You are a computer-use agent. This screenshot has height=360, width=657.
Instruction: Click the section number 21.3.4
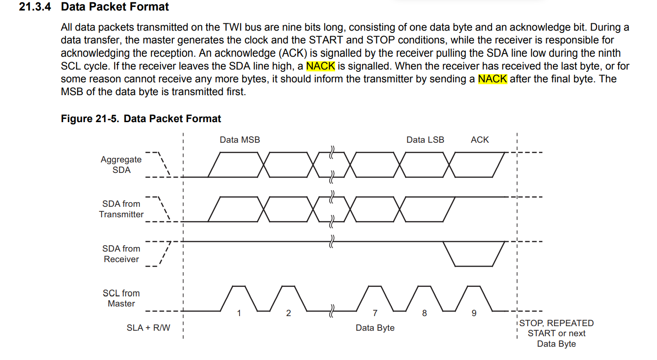[37, 7]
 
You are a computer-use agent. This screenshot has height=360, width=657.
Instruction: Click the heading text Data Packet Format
[115, 7]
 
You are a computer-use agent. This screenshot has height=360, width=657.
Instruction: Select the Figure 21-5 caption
[141, 119]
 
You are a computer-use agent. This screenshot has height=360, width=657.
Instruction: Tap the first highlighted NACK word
[320, 66]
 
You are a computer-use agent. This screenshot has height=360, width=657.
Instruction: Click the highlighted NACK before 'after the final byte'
[492, 79]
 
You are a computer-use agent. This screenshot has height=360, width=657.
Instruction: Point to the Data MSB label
[240, 140]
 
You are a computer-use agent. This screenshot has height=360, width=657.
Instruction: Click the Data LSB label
[425, 140]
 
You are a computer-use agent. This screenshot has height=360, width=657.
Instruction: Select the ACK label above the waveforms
[480, 140]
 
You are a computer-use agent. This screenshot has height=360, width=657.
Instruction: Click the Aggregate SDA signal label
[121, 165]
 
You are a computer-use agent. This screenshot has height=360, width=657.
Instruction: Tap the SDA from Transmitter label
[121, 209]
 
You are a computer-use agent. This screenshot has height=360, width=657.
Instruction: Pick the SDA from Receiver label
[121, 254]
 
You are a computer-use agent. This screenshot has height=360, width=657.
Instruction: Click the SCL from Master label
[121, 298]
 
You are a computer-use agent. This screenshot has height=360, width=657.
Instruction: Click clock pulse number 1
[239, 313]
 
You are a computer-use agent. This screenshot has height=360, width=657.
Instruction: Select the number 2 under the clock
[288, 313]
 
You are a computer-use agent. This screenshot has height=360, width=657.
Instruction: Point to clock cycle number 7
[375, 313]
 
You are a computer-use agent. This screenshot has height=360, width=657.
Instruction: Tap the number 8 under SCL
[424, 313]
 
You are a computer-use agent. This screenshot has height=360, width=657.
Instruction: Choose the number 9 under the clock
[474, 313]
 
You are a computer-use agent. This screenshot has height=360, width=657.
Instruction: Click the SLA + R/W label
[148, 328]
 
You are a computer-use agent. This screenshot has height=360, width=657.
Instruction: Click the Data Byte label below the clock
[375, 328]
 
